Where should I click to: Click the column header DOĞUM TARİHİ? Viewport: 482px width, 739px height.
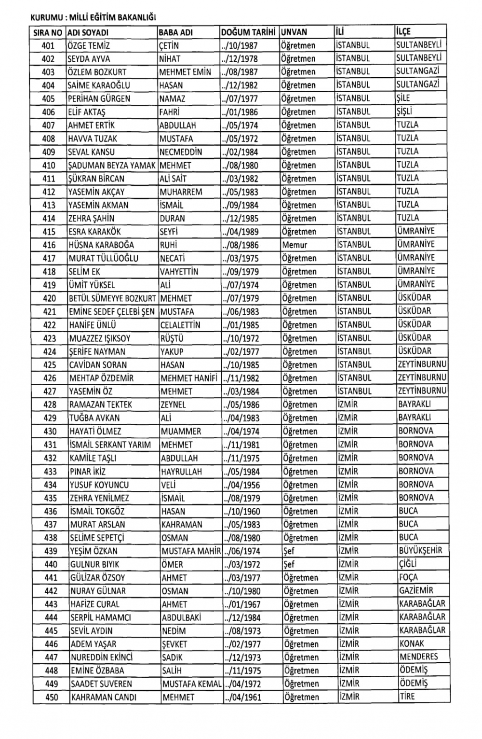248,33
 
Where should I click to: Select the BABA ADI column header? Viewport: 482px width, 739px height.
176,33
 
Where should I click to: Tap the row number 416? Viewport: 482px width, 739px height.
49,245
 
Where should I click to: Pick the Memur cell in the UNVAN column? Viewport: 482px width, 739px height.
295,245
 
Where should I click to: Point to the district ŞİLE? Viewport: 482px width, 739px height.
403,98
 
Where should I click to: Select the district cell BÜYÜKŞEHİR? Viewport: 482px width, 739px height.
420,550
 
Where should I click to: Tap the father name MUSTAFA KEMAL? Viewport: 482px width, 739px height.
191,684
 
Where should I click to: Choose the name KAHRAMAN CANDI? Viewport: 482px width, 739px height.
103,697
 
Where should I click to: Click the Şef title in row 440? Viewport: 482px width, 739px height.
289,564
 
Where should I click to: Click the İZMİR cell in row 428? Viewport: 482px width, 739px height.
348,404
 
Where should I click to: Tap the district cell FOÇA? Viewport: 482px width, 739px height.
408,577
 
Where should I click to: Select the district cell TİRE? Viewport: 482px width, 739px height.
407,697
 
